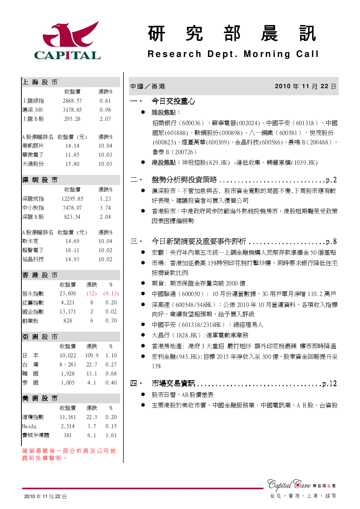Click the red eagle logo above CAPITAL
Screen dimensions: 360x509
[71, 34]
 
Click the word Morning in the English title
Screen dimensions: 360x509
[267, 54]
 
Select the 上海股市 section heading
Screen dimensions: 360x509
[40, 82]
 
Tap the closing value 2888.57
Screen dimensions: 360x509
[72, 100]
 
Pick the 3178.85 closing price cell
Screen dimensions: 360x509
[72, 110]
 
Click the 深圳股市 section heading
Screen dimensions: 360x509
[40, 180]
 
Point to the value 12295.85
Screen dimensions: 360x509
[72, 198]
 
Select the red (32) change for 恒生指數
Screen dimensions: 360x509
[91, 294]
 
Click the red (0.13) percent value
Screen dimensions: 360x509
[111, 294]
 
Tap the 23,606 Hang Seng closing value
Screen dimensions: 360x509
[68, 294]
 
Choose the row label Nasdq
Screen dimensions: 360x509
[29, 426]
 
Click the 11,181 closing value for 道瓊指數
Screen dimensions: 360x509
[68, 417]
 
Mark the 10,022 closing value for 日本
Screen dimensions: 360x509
[68, 355]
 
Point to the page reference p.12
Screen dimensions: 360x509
[329, 383]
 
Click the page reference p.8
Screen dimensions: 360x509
[331, 241]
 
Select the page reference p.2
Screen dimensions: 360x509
[331, 180]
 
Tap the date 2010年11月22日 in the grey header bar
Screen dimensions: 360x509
[306, 86]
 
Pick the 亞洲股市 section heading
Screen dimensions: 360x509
[40, 337]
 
